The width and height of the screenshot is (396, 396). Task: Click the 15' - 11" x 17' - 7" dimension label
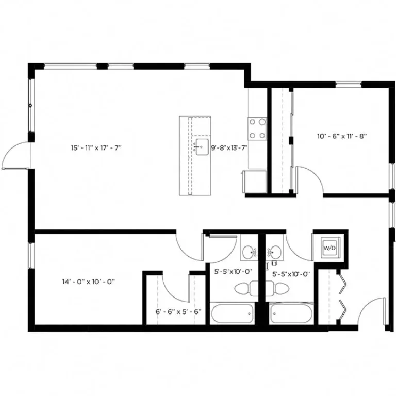coord(95,148)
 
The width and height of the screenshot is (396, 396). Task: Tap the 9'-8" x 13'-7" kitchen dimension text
coord(229,148)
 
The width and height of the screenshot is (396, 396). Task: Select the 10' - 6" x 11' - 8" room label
coord(341,137)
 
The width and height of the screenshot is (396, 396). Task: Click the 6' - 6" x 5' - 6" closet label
coord(178,311)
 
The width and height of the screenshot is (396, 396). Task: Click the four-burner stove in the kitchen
coord(257,129)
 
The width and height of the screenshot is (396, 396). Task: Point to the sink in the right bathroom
coord(275,253)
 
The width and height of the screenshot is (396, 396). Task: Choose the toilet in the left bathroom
coord(246,288)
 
